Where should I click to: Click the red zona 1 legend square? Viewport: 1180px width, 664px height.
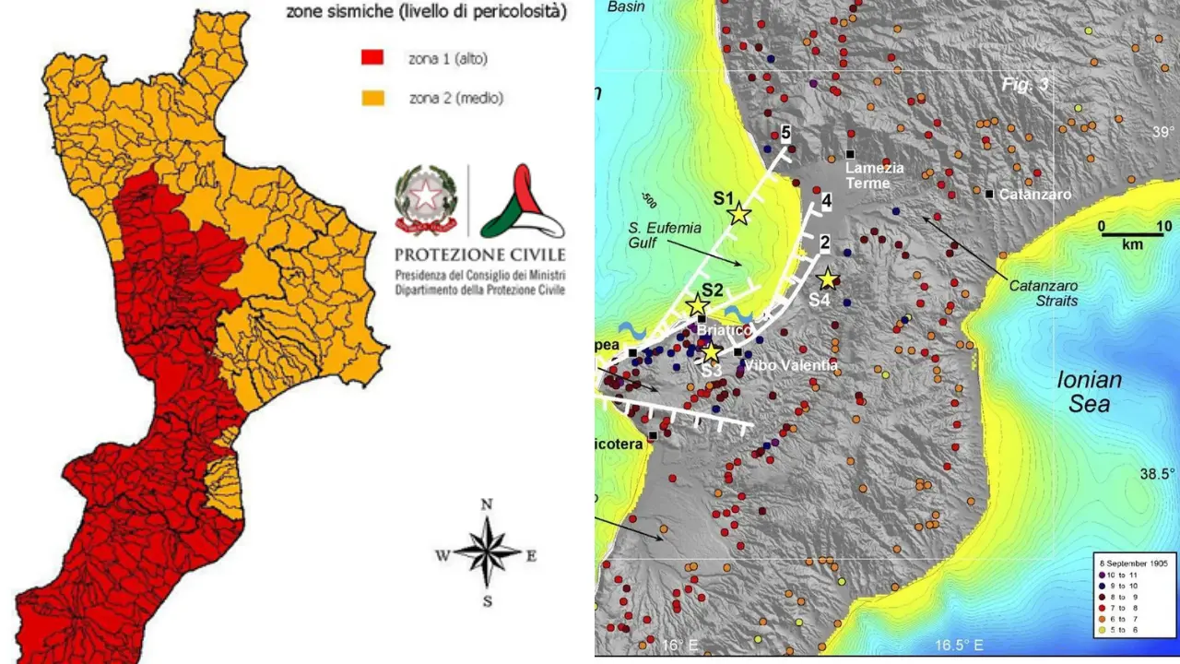[372, 60]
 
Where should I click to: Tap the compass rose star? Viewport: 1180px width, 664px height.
[488, 554]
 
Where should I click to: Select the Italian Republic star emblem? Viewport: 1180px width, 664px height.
[426, 198]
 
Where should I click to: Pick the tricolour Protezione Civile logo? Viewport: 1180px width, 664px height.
[522, 202]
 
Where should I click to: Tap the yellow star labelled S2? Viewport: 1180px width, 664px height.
[698, 306]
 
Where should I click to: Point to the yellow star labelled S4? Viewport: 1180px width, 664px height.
[827, 279]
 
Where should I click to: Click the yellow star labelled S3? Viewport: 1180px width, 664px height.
[711, 352]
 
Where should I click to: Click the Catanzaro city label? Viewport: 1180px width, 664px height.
[1035, 195]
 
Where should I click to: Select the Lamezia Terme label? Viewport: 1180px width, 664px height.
[869, 175]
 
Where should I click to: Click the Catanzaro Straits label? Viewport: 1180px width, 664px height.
[1044, 293]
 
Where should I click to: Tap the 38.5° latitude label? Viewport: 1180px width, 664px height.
[1158, 474]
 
